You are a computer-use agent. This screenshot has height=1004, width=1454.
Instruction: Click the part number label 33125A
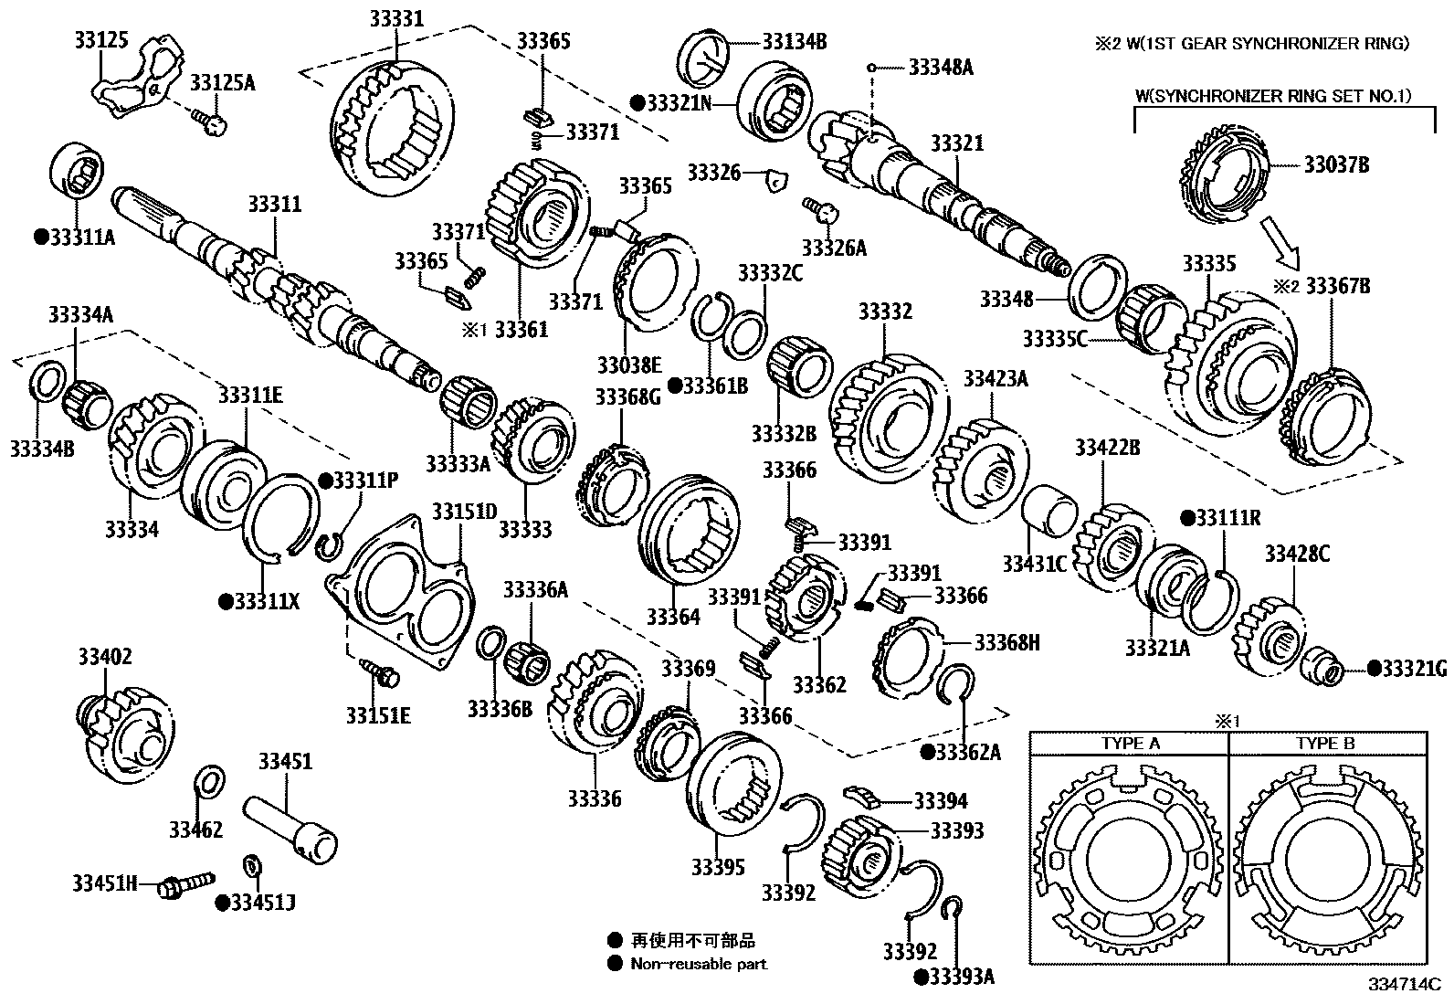[222, 84]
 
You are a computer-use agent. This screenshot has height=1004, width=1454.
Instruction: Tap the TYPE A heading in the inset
[1130, 744]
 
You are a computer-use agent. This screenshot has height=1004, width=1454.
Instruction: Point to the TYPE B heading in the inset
[1325, 744]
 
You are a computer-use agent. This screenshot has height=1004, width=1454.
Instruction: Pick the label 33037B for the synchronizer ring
[1336, 165]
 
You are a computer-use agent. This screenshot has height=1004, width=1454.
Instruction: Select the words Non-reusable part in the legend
[699, 964]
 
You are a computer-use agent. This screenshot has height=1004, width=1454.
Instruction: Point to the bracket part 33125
[132, 85]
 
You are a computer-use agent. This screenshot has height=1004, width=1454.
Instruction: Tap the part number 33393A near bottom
[960, 977]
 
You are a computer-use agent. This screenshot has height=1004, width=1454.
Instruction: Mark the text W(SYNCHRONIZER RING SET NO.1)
[1273, 95]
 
